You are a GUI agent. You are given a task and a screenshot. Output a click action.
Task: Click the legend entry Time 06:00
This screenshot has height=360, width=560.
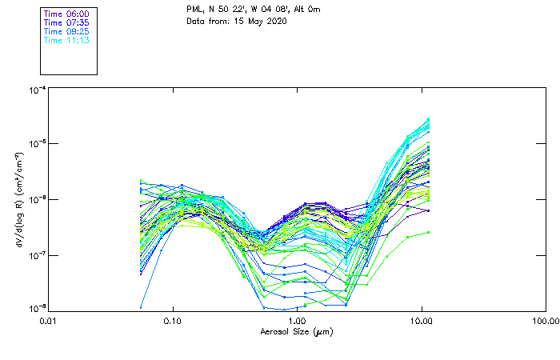[66, 14]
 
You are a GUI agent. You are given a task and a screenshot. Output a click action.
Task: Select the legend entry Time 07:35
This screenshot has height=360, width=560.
[66, 23]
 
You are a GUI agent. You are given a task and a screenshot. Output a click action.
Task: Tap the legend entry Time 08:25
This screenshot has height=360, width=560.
[66, 31]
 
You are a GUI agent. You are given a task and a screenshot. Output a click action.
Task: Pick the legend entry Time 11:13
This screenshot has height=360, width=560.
[66, 40]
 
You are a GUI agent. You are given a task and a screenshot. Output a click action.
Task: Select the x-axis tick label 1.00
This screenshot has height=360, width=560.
[297, 321]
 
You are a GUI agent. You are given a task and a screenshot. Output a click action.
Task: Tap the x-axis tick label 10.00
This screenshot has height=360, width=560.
[421, 321]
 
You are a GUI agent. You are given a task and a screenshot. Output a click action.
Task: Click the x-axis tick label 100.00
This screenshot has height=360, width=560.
[545, 321]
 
